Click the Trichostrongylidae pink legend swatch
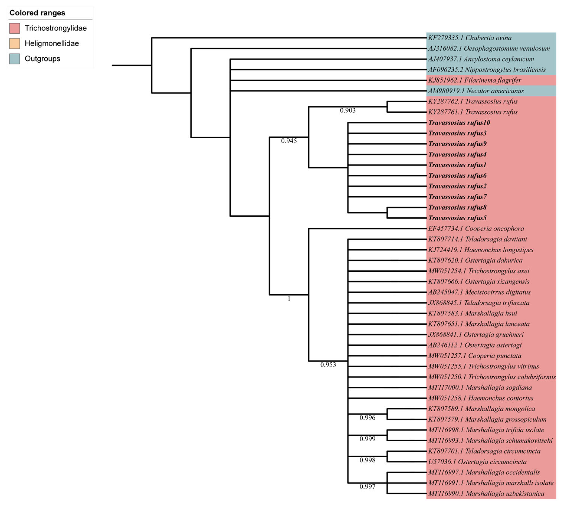coord(14,28)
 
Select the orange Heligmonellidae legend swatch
coord(14,43)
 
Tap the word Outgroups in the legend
coord(42,59)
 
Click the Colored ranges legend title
coord(37,13)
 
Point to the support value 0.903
coord(347,110)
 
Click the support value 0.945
coord(289,141)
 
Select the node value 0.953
coord(328,365)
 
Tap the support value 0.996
coord(367,418)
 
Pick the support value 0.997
coord(367,486)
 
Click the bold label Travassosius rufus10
coord(459,122)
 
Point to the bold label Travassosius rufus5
coord(457,218)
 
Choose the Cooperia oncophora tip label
coord(476,228)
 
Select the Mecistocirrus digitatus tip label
coord(479,292)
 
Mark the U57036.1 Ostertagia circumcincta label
coord(477,461)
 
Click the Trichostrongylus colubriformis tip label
coord(492,377)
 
